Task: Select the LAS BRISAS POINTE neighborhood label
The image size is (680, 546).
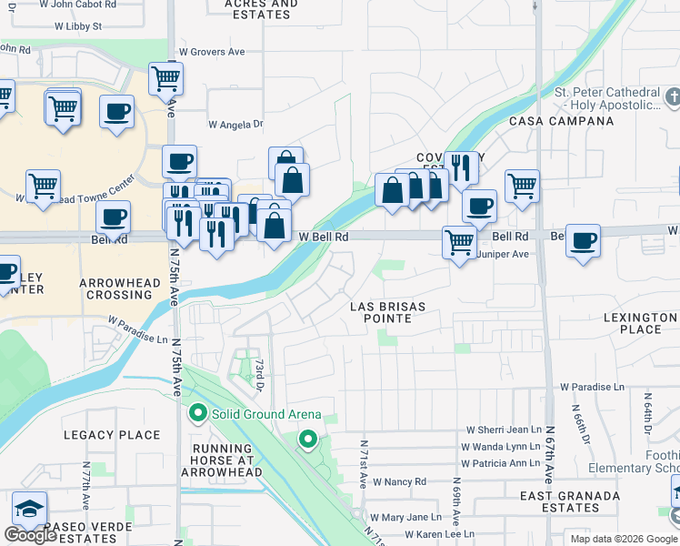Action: pyautogui.click(x=388, y=312)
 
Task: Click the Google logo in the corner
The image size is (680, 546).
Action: pyautogui.click(x=30, y=535)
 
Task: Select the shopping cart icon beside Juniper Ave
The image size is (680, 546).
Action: pyautogui.click(x=460, y=242)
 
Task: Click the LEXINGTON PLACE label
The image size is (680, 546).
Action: pyautogui.click(x=640, y=323)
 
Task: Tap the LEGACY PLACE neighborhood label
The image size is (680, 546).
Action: pyautogui.click(x=112, y=435)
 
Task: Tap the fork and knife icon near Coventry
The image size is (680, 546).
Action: pyautogui.click(x=462, y=167)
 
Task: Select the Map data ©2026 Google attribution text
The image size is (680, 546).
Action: pyautogui.click(x=624, y=539)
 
